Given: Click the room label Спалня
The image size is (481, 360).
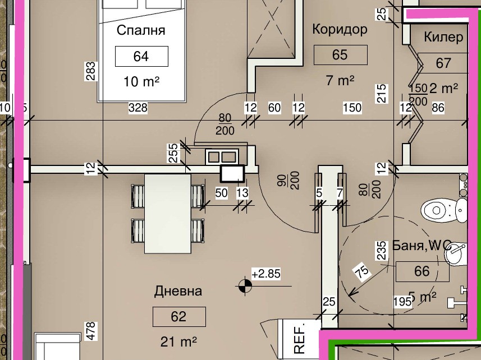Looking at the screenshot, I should click(x=141, y=30).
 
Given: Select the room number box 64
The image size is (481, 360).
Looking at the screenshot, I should click(x=141, y=57).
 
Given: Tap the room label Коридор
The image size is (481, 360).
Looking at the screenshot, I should click(x=340, y=29).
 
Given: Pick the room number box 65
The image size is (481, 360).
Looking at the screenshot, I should click(x=340, y=55).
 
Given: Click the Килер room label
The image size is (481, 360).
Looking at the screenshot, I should click(x=443, y=37).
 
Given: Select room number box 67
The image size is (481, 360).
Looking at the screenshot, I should click(x=443, y=63).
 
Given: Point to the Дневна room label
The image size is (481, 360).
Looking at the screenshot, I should click(x=178, y=291).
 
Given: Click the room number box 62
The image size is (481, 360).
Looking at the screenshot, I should click(x=178, y=317).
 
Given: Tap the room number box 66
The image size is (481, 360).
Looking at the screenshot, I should click(x=422, y=272).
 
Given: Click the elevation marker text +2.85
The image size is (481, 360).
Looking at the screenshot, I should click(x=265, y=275).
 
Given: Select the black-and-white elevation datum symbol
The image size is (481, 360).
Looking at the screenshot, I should click(x=244, y=286).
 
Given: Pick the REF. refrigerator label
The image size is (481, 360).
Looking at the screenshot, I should click(x=299, y=338).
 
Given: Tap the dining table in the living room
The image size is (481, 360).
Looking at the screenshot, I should click(x=167, y=213).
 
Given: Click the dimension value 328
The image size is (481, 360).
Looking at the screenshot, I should click(x=138, y=107).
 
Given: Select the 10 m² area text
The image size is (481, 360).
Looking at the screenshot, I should click(x=141, y=81).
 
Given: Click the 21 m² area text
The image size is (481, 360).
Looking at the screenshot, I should click(x=178, y=341).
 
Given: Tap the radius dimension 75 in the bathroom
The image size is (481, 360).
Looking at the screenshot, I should click(x=363, y=272).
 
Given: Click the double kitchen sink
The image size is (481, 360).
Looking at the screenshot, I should click(x=221, y=156).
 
